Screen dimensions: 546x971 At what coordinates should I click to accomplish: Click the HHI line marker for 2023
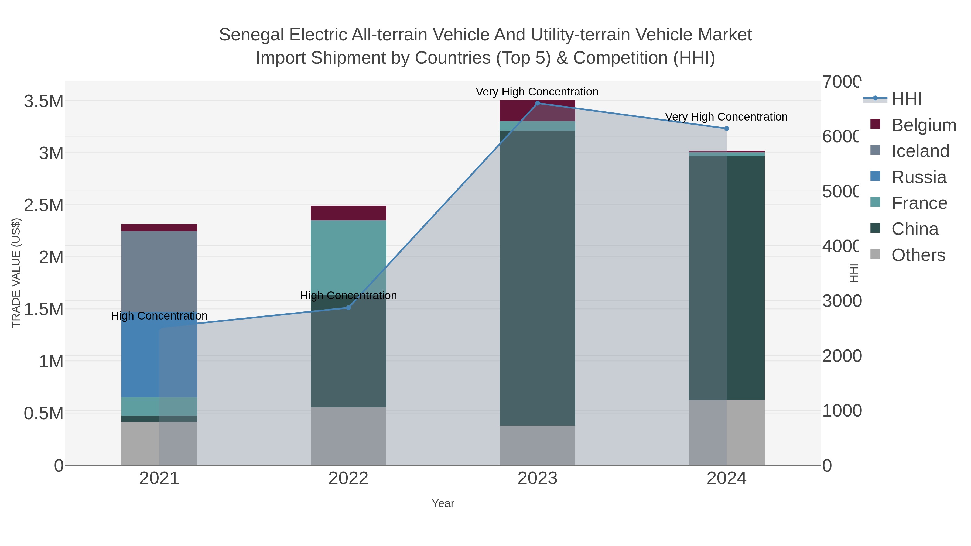point(538,103)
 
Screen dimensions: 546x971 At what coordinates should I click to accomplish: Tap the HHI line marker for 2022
point(348,308)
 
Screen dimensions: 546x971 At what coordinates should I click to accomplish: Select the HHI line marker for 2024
point(727,129)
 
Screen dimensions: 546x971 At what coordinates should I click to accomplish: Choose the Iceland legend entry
point(920,151)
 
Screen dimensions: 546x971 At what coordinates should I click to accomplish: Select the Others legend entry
point(918,255)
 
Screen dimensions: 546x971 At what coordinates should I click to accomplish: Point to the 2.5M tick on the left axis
point(43,205)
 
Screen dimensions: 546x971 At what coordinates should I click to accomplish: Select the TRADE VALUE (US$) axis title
point(16,273)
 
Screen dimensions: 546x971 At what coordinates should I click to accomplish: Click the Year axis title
point(443,503)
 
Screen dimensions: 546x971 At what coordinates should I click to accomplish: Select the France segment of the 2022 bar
point(348,256)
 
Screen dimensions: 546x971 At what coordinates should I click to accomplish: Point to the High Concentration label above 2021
point(159,315)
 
